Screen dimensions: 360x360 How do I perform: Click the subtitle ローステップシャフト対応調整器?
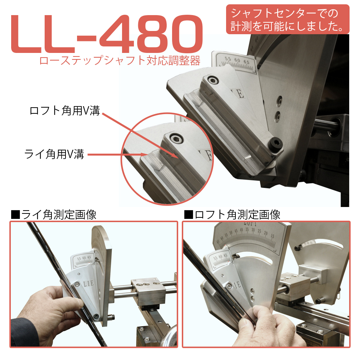click(120, 60)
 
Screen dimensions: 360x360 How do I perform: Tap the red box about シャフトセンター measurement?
click(288, 19)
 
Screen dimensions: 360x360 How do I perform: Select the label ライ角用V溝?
click(54, 154)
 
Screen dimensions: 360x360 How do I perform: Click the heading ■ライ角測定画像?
click(54, 215)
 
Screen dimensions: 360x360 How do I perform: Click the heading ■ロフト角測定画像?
click(232, 215)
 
